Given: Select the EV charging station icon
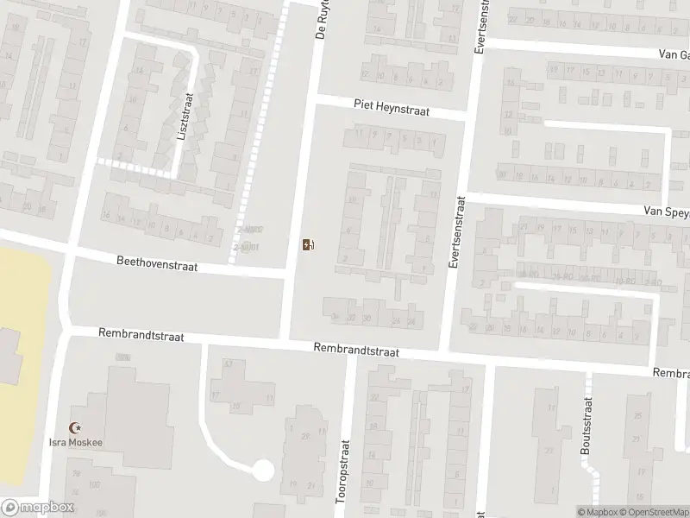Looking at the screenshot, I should tap(307, 245).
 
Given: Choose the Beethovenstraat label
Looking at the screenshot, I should tap(157, 263).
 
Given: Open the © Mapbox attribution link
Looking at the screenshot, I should tap(595, 510).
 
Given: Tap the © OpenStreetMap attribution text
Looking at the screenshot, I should tap(651, 510).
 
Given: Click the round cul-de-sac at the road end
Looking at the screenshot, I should tap(262, 471).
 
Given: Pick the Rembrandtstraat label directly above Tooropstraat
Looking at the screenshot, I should tap(356, 349).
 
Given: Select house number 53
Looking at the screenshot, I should tap(229, 364).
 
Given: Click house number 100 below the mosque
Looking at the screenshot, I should tap(95, 485).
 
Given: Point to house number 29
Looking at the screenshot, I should tap(304, 436).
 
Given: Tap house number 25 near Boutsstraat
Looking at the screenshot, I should tap(637, 415).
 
